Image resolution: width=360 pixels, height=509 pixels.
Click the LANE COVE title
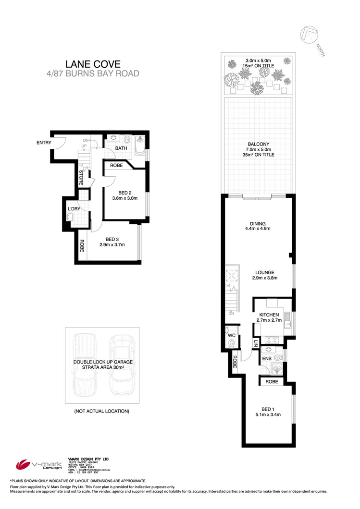pyautogui.click(x=93, y=63)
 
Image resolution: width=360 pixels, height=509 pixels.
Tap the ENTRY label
pyautogui.click(x=44, y=143)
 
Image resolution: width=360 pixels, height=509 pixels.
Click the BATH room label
pyautogui.click(x=121, y=148)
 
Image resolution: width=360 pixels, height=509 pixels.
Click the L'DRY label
pyautogui.click(x=74, y=208)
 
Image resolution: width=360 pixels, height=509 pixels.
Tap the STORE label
pyautogui.click(x=81, y=178)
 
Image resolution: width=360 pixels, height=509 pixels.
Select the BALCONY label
pyautogui.click(x=258, y=144)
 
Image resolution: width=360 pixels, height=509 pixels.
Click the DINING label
pyautogui.click(x=258, y=223)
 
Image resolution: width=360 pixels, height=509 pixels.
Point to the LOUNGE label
pyautogui.click(x=265, y=272)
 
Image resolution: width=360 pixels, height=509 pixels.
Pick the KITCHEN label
pyautogui.click(x=269, y=315)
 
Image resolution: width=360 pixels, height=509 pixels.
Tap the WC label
pyautogui.click(x=230, y=334)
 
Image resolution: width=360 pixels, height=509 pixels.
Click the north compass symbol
pyautogui.click(x=309, y=36)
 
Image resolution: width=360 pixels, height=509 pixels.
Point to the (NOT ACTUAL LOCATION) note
pyautogui.click(x=102, y=411)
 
